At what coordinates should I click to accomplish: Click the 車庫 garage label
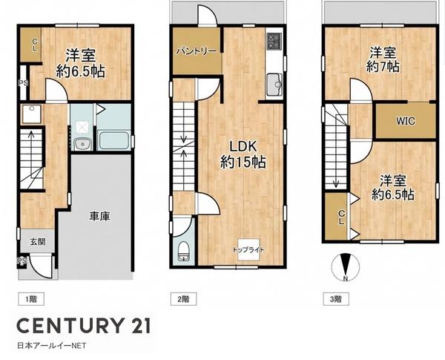pyautogui.click(x=99, y=217)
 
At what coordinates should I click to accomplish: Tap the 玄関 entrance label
pyautogui.click(x=38, y=242)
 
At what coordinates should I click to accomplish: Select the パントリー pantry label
pyautogui.click(x=197, y=51)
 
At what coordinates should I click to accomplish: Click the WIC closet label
pyautogui.click(x=406, y=121)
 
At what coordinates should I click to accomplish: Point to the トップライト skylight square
pyautogui.click(x=248, y=249)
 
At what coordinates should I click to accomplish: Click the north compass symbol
pyautogui.click(x=346, y=267)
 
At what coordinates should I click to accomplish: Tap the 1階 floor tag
pyautogui.click(x=31, y=299)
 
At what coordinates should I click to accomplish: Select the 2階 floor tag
pyautogui.click(x=183, y=299)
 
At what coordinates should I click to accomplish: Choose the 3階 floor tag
pyautogui.click(x=336, y=299)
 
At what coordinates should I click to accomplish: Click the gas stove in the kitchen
pyautogui.click(x=274, y=41)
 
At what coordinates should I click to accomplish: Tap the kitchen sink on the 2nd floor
pyautogui.click(x=274, y=84)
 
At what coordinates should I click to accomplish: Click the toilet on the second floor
pyautogui.click(x=184, y=251)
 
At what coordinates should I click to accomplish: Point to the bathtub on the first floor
pyautogui.click(x=113, y=140)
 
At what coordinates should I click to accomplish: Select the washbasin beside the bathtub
pyautogui.click(x=82, y=144)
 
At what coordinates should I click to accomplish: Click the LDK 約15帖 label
pyautogui.click(x=243, y=154)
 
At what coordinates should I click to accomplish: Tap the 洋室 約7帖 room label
pyautogui.click(x=383, y=60)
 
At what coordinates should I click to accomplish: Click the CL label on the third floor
pyautogui.click(x=341, y=217)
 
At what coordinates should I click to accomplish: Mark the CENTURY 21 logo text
pyautogui.click(x=84, y=326)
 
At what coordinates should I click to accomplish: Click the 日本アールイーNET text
pyautogui.click(x=51, y=346)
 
